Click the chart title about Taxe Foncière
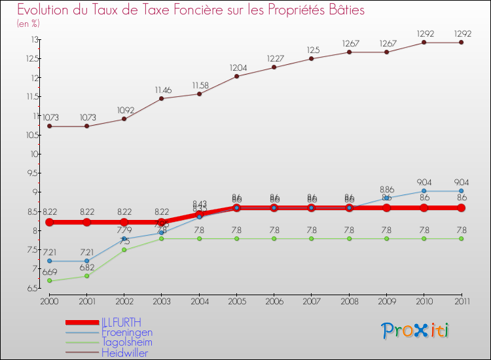click(191, 10)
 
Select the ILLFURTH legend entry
click(121, 322)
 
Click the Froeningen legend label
click(127, 333)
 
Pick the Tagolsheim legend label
click(127, 342)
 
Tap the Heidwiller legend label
click(125, 353)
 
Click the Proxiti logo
click(416, 331)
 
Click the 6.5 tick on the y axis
click(31, 288)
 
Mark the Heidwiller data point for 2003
click(162, 98)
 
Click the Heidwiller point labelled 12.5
click(312, 59)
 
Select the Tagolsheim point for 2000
click(49, 281)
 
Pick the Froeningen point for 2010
click(424, 191)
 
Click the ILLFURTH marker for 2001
click(86, 223)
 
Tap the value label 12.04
click(236, 67)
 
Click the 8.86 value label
click(386, 189)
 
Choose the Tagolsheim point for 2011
click(461, 239)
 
